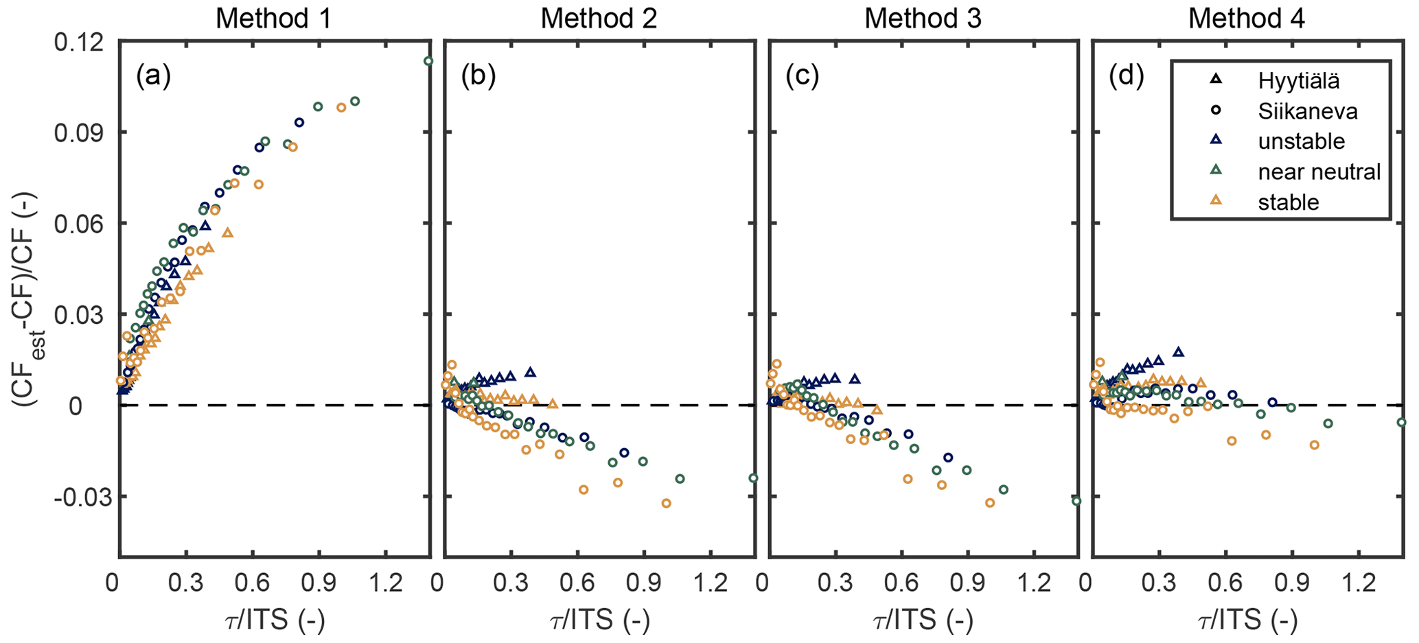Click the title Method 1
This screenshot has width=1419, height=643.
point(274,19)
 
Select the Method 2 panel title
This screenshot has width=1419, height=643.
point(599,19)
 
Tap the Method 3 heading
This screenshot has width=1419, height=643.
point(923,19)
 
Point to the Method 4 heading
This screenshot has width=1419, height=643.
point(1247,19)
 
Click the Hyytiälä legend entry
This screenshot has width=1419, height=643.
point(1298,81)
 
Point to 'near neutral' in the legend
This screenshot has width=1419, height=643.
point(1319,172)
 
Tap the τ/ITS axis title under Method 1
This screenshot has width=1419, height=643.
point(274,621)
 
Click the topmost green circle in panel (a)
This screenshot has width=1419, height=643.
point(428,61)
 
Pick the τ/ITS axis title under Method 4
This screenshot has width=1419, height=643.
point(1247,621)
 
